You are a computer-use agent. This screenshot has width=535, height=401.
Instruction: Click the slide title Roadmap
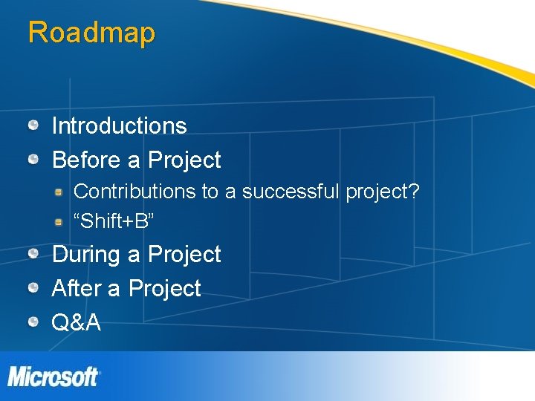[x=91, y=33]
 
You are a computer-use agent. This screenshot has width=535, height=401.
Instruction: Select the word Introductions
[x=119, y=125]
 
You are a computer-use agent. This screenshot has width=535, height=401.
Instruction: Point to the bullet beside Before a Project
[x=34, y=159]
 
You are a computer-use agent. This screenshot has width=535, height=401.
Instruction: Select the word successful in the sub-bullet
[x=291, y=192]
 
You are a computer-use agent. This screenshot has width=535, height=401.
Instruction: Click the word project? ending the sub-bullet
[x=383, y=192]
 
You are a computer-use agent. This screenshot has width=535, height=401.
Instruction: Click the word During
[x=86, y=254]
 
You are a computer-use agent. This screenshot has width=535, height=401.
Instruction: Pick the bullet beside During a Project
[x=34, y=254]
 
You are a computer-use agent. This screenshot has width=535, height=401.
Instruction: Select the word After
[x=77, y=288]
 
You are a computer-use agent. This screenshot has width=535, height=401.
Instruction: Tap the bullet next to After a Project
[x=34, y=288]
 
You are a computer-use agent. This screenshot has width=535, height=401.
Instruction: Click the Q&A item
[x=76, y=322]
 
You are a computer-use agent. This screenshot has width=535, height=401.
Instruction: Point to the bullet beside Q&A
[x=34, y=322]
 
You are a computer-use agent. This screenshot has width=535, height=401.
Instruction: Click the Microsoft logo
[x=53, y=376]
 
